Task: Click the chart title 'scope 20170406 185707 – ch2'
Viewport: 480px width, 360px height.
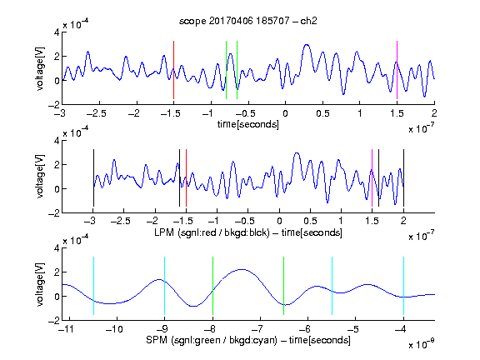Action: [248, 21]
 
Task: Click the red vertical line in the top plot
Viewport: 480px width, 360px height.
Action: [173, 70]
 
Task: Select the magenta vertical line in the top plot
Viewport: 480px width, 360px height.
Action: [397, 70]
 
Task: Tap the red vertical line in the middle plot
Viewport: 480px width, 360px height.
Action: [186, 177]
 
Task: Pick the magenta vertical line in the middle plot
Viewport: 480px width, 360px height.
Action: [372, 177]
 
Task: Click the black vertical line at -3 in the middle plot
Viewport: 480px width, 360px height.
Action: [93, 177]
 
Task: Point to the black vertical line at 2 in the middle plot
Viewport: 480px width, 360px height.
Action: [403, 177]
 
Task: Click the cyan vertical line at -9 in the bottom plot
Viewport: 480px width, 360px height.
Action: [165, 286]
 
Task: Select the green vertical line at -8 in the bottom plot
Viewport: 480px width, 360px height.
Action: [212, 286]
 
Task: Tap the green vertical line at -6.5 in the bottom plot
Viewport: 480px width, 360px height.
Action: [284, 286]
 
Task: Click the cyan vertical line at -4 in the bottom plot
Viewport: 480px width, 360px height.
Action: [403, 286]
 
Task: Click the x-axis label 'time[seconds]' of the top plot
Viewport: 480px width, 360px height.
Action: [248, 124]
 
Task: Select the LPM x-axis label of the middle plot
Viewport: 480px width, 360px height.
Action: [248, 232]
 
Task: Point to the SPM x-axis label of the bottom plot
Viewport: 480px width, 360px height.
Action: [248, 340]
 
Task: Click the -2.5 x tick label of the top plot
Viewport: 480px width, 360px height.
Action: [97, 113]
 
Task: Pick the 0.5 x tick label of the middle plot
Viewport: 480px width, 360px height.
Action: [310, 221]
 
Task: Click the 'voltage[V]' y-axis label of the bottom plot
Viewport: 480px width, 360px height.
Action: [40, 284]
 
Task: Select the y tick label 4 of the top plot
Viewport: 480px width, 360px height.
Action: [57, 32]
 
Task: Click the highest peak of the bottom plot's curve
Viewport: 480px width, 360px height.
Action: [242, 269]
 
